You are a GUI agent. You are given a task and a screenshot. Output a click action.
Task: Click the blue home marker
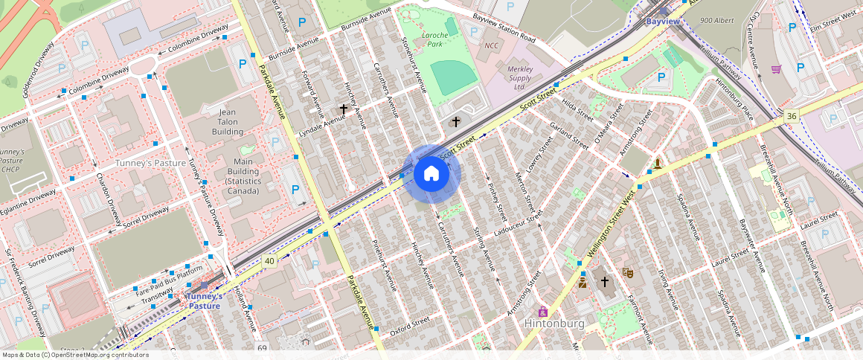pos(431,174)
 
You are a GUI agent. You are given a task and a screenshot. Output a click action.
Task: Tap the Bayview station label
pos(662,22)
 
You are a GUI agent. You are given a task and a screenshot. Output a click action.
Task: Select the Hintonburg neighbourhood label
pos(554,324)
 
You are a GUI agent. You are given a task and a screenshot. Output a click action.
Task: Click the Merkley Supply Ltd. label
pos(520,77)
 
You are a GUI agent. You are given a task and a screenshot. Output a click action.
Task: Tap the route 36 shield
pos(790,116)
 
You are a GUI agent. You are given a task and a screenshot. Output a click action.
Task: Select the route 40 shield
pos(269,260)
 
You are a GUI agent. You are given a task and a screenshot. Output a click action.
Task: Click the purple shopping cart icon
pos(776,69)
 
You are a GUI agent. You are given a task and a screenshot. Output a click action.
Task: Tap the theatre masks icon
pos(628,273)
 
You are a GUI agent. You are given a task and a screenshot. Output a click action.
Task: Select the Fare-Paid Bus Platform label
pos(170,279)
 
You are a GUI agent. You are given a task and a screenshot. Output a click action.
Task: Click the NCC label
pos(491,46)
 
